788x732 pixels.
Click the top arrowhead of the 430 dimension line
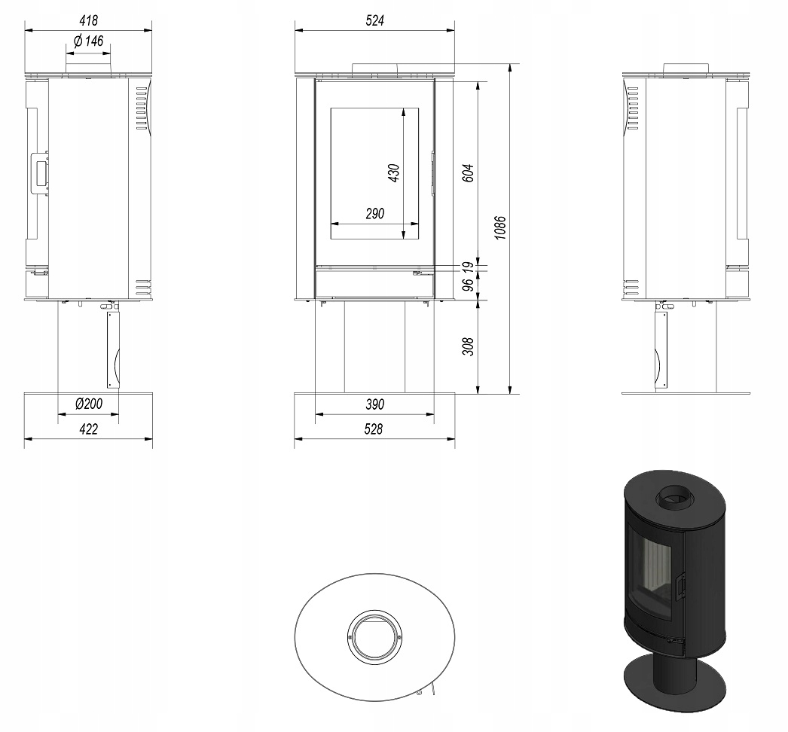click(404, 112)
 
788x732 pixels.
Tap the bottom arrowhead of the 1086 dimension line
click(510, 389)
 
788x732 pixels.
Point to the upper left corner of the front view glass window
click(330, 108)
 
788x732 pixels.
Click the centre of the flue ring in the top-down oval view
click(374, 637)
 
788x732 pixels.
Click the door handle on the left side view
click(40, 172)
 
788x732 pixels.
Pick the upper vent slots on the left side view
click(142, 108)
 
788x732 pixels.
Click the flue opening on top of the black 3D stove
click(676, 498)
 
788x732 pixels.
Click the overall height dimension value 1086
click(499, 227)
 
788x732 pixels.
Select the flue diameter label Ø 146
click(88, 41)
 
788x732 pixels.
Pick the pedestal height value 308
click(468, 346)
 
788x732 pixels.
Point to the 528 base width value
click(374, 429)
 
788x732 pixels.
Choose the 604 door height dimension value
click(468, 172)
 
